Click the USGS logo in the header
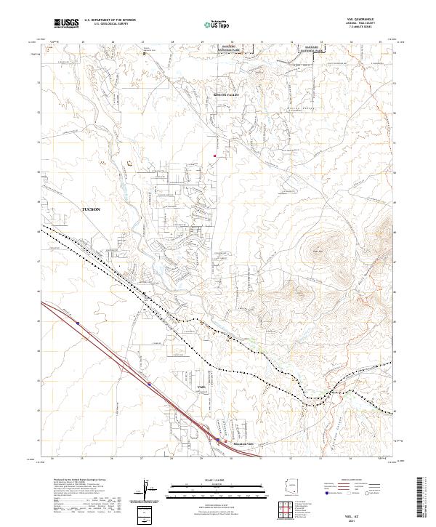pyautogui.click(x=66, y=23)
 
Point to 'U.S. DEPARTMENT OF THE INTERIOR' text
pyautogui.click(x=110, y=20)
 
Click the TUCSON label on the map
pyautogui.click(x=91, y=209)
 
